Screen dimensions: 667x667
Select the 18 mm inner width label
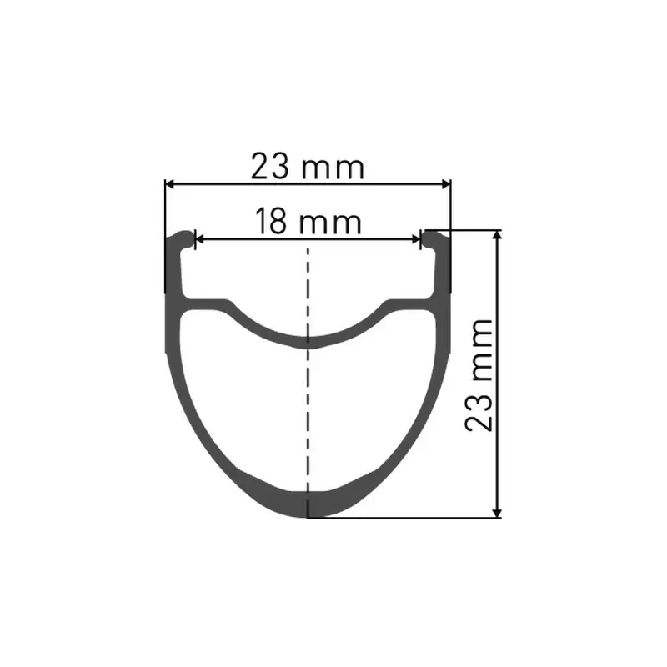click(x=308, y=221)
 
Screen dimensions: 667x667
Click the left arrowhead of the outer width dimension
click(x=169, y=184)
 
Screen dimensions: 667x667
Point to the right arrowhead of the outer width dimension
click(x=445, y=184)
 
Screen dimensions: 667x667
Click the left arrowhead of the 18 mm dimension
click(x=199, y=240)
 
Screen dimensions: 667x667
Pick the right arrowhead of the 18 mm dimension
click(x=415, y=240)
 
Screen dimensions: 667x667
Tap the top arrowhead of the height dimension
click(x=497, y=235)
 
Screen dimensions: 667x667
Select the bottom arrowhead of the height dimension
click(x=497, y=513)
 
